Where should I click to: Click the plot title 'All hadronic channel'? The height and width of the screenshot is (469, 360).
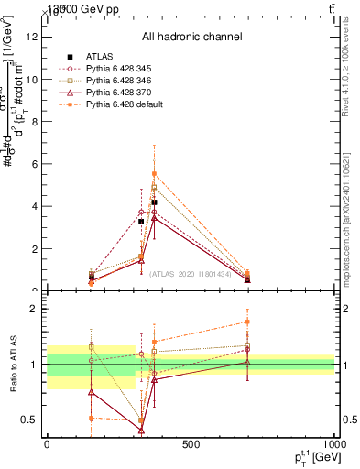pos(191,38)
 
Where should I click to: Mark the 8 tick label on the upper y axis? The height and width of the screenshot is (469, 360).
pos(35,122)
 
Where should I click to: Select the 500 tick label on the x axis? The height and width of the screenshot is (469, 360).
pos(191,445)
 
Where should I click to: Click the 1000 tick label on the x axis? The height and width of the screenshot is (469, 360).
pos(333,445)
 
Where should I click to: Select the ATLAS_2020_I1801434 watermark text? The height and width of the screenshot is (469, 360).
pos(191,273)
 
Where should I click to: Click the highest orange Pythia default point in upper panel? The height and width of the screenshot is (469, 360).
pos(154,173)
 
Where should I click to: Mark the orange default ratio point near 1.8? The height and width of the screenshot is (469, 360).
pos(247,322)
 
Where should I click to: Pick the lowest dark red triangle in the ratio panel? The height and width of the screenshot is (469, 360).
pos(141,429)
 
